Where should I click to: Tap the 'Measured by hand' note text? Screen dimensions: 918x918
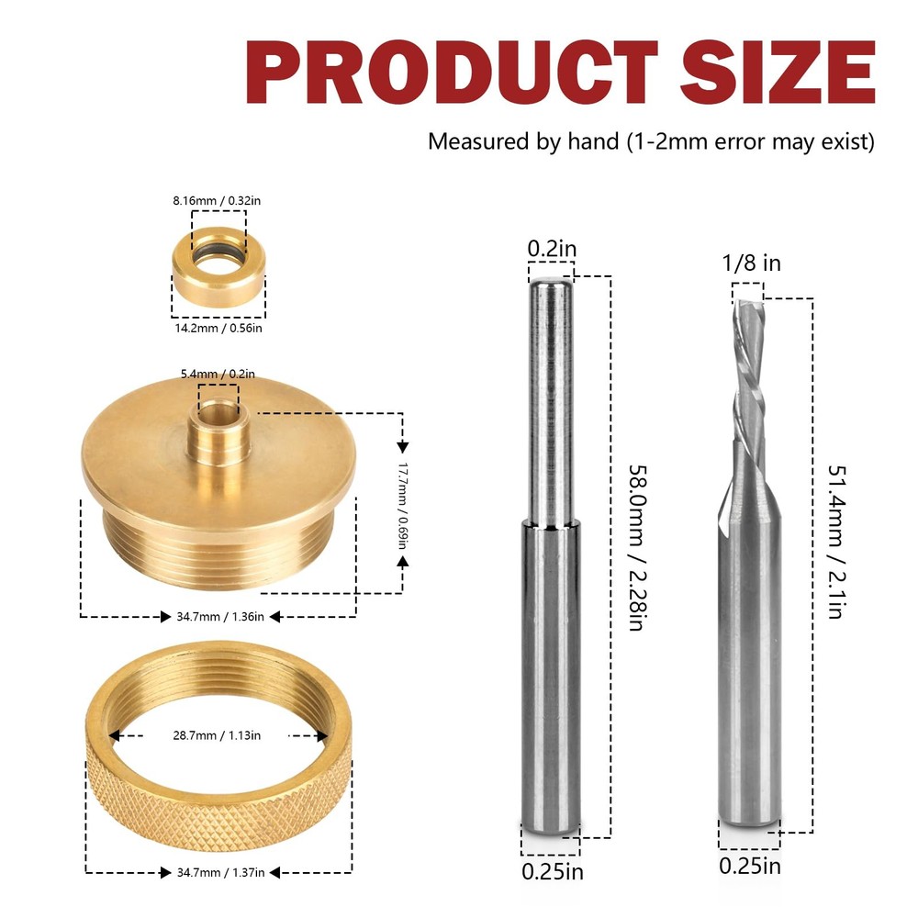point(651,142)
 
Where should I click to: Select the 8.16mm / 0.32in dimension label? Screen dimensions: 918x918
point(218,200)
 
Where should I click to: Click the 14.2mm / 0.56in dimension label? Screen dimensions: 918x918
point(218,328)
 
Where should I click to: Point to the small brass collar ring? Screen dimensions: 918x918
point(218,272)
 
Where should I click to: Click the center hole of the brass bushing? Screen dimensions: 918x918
point(218,408)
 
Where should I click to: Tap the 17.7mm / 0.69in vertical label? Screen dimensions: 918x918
point(401,504)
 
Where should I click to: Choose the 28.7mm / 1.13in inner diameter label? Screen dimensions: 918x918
point(218,735)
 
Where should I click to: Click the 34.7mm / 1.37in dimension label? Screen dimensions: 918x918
point(218,871)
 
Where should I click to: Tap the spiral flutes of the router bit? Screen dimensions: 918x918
point(748,367)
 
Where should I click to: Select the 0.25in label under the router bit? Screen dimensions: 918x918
point(750,865)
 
